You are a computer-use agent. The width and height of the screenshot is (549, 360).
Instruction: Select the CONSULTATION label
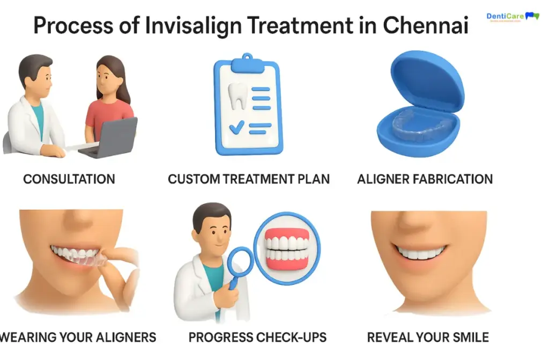69,179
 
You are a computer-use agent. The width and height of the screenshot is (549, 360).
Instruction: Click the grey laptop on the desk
109,138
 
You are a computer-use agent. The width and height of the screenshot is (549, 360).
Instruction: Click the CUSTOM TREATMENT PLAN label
249,179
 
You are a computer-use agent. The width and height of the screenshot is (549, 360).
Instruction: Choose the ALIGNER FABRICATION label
425,179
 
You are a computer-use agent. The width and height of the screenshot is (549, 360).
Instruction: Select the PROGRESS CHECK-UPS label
257,337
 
